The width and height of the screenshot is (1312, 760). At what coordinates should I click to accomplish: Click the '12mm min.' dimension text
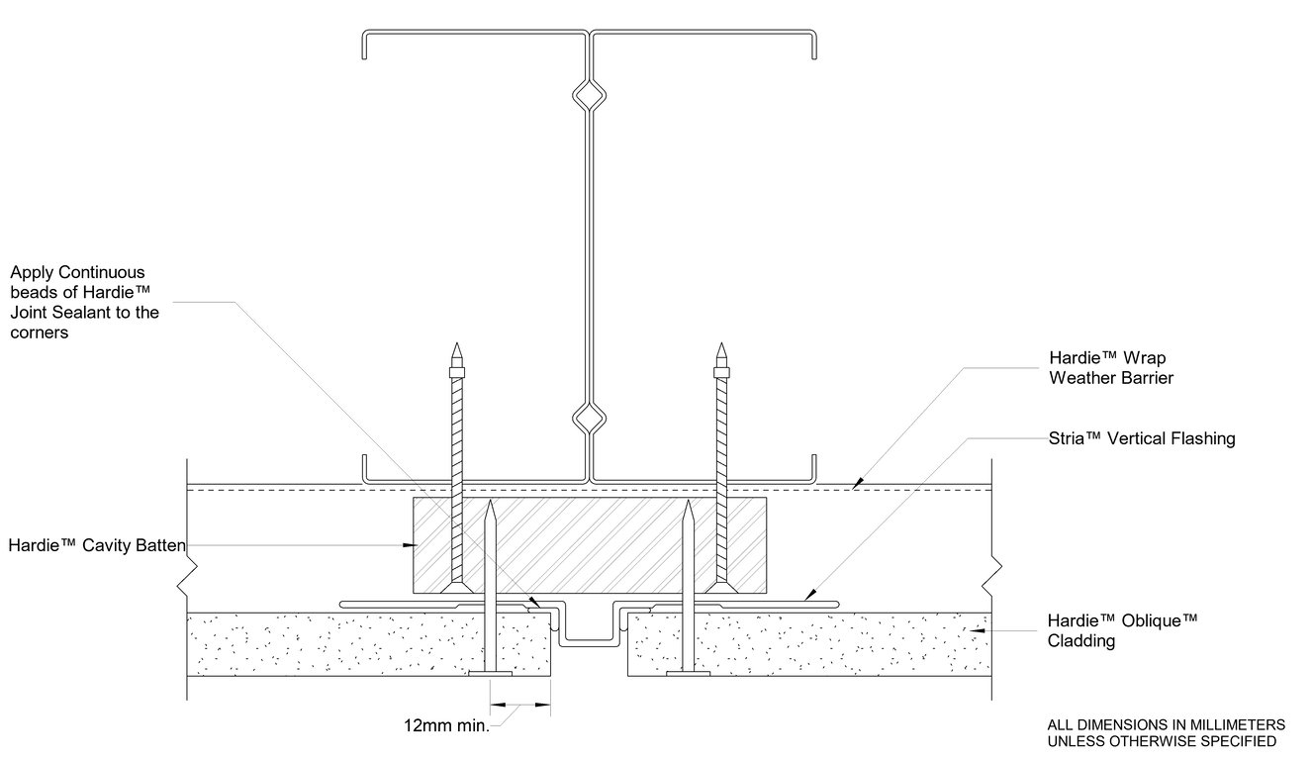(x=446, y=725)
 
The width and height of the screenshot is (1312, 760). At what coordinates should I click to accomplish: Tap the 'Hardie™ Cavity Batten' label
(x=96, y=545)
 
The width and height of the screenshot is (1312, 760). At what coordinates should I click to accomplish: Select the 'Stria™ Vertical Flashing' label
(x=1141, y=438)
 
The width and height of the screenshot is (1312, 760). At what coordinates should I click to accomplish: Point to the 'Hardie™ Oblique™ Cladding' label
(x=1122, y=630)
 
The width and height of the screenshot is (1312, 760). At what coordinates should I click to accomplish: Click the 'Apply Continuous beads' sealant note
(x=83, y=303)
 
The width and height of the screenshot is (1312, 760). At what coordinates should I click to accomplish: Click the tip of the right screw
(x=721, y=347)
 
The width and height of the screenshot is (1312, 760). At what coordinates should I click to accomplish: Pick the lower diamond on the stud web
(x=590, y=420)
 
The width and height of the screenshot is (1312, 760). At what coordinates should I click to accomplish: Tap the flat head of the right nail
(x=690, y=675)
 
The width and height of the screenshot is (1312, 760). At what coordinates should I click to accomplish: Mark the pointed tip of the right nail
(x=690, y=504)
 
